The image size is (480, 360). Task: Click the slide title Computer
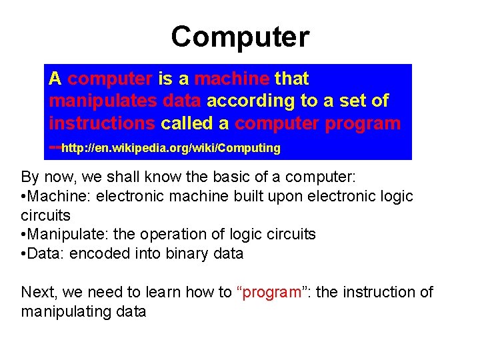(240, 37)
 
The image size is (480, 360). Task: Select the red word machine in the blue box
(232, 79)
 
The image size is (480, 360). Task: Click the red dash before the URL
(55, 147)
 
